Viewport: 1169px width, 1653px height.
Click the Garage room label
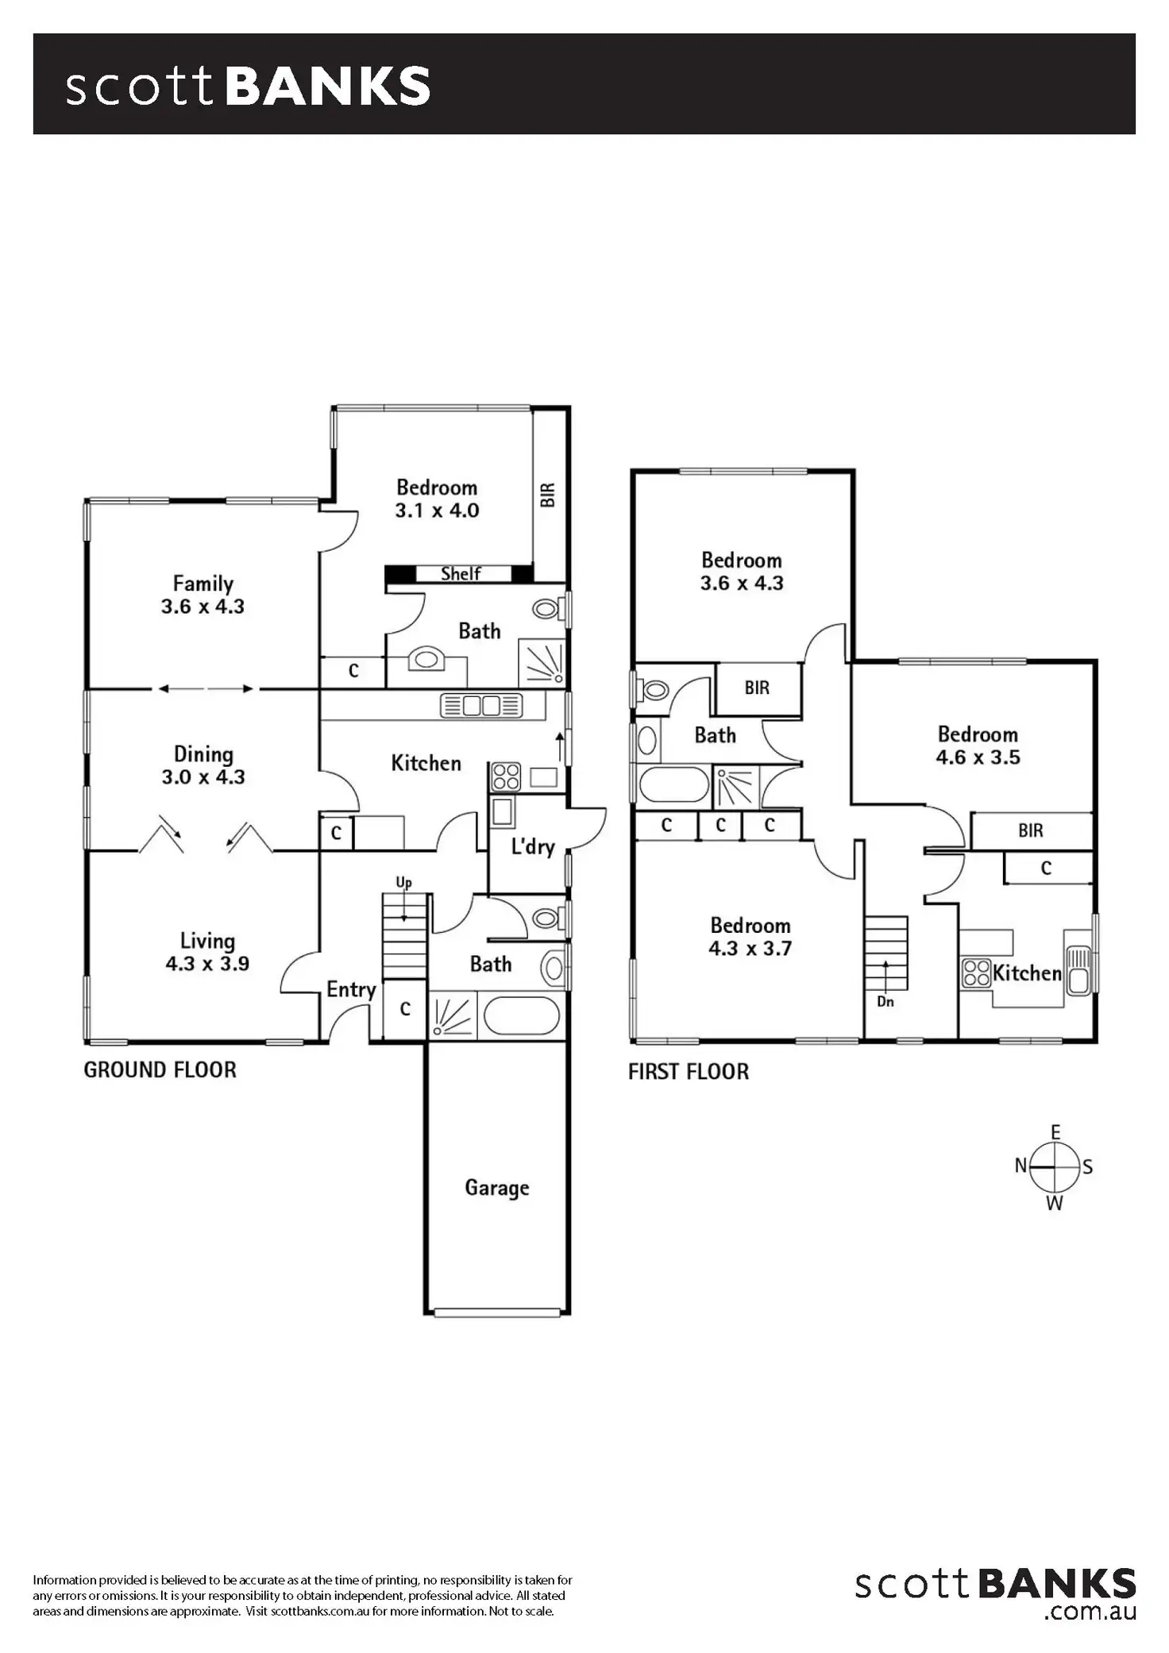click(496, 1188)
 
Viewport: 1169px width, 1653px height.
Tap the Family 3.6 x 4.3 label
click(203, 595)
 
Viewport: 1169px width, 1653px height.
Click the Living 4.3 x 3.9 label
click(207, 952)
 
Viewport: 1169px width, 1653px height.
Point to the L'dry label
click(532, 846)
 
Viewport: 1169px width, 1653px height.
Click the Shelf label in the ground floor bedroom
click(461, 573)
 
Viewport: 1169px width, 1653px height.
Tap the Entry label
click(351, 989)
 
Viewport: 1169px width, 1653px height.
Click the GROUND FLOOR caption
click(160, 1070)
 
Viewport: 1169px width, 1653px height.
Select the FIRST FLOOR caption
click(688, 1072)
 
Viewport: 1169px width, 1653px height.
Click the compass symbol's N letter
click(1020, 1166)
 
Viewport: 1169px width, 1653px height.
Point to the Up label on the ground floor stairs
click(403, 883)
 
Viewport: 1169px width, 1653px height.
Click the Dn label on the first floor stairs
click(885, 1002)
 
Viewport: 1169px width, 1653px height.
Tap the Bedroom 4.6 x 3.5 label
click(978, 746)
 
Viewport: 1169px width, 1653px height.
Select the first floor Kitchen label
click(1027, 973)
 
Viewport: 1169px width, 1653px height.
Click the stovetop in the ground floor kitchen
click(505, 776)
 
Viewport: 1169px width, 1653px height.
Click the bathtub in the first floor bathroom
click(673, 784)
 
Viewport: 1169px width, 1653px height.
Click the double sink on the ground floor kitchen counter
click(480, 705)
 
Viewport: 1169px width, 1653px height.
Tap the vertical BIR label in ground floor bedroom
click(548, 495)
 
